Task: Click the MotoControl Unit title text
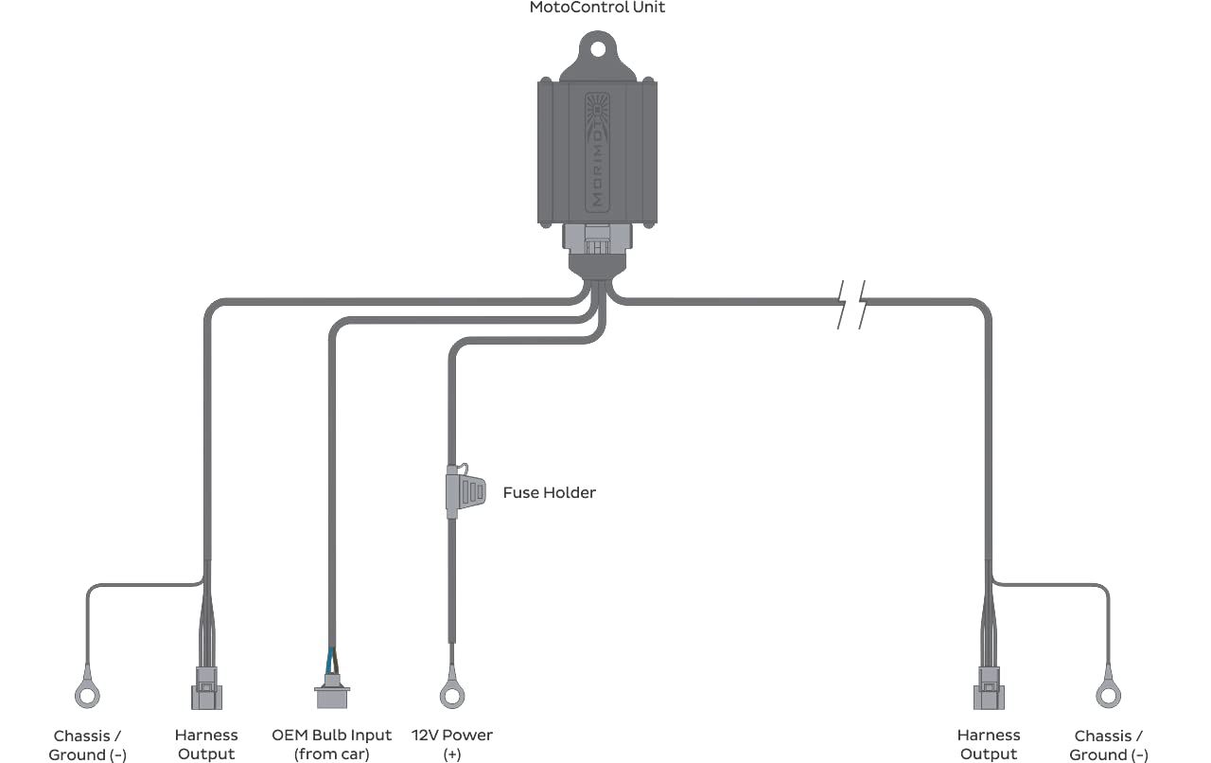[597, 8]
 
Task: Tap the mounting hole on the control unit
[597, 49]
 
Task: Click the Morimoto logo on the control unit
[597, 152]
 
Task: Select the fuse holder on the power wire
[465, 491]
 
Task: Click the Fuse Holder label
[550, 492]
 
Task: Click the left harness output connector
[206, 688]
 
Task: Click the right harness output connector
[989, 688]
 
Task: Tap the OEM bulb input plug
[332, 691]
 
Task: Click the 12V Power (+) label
[452, 744]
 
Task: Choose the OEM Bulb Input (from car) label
[331, 744]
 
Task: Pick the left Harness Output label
[206, 744]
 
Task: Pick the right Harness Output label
[989, 744]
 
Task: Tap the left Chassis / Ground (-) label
[87, 745]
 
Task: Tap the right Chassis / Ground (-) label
[1108, 745]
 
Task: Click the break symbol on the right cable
[851, 305]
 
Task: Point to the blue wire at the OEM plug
[329, 661]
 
